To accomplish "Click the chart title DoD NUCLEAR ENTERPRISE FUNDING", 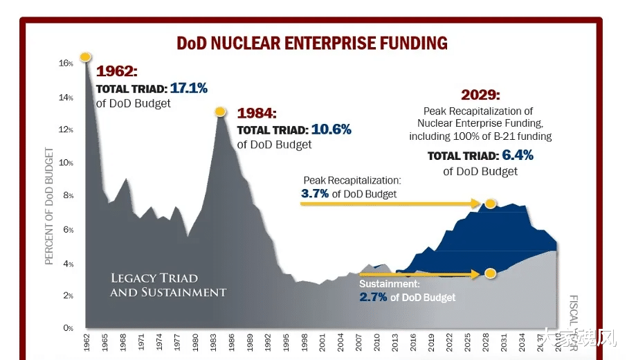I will pyautogui.click(x=312, y=43).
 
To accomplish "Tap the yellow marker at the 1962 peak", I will pyautogui.click(x=86, y=57).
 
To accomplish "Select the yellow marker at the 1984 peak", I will pyautogui.click(x=220, y=111).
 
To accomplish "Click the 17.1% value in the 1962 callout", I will pyautogui.click(x=189, y=88).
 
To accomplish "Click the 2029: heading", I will pyautogui.click(x=480, y=95).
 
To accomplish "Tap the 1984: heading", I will pyautogui.click(x=257, y=113).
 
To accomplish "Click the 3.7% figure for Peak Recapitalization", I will pyautogui.click(x=315, y=194).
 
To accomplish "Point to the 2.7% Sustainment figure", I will pyautogui.click(x=373, y=297).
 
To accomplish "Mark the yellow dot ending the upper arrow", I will pyautogui.click(x=490, y=204).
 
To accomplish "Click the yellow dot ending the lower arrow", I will pyautogui.click(x=490, y=273).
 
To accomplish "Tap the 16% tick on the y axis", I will pyautogui.click(x=66, y=63).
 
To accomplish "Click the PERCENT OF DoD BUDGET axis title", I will pyautogui.click(x=49, y=206).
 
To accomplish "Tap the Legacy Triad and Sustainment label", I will pyautogui.click(x=168, y=285).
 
